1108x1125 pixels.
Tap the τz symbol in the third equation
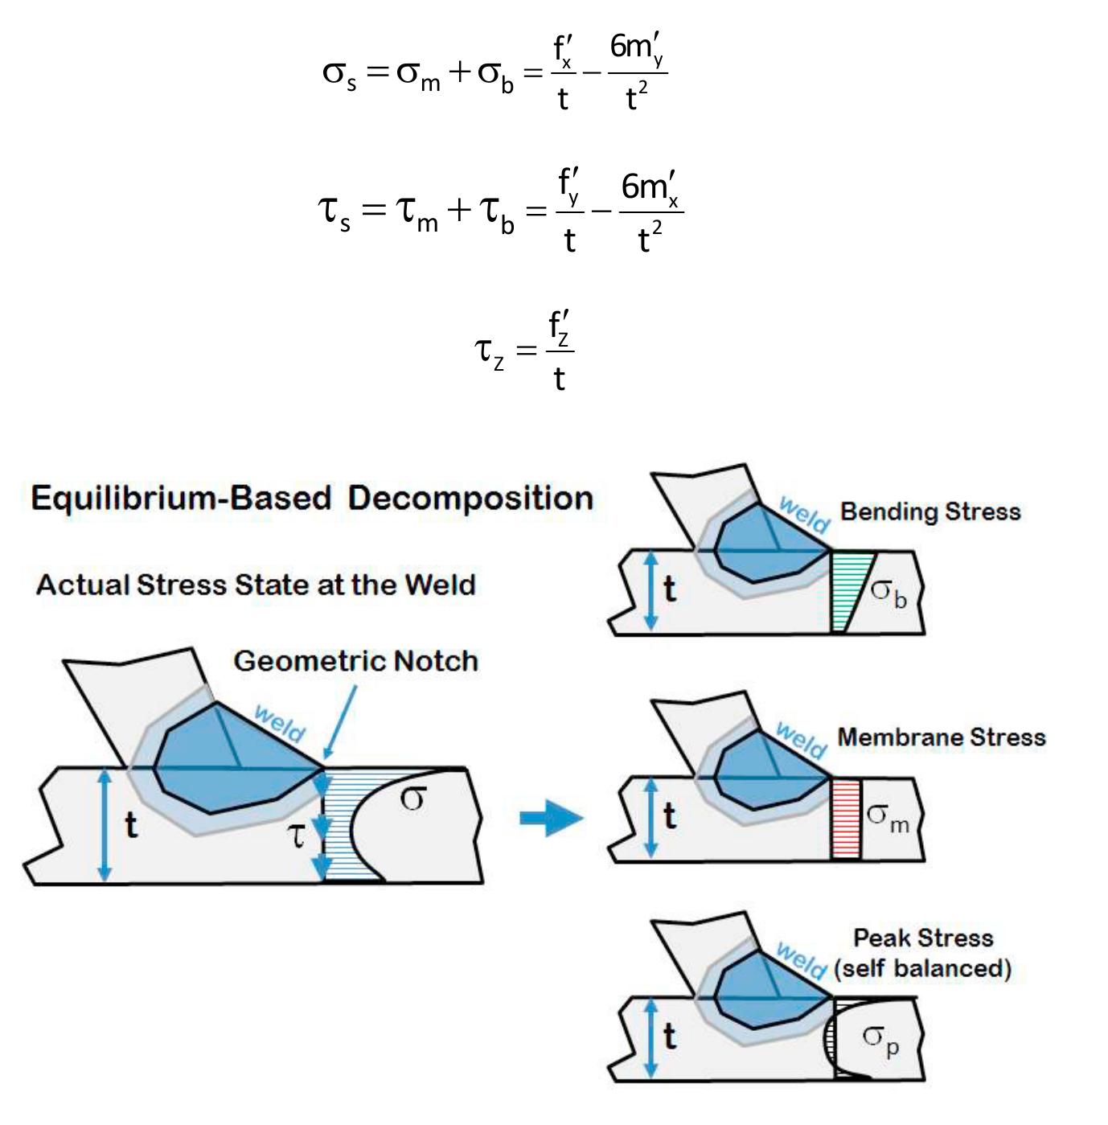[489, 352]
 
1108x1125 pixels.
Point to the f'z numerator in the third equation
[560, 328]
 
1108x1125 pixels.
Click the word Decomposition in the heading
[470, 499]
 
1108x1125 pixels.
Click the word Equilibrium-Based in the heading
[180, 499]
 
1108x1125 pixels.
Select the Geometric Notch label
[355, 661]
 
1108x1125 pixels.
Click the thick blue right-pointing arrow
[551, 819]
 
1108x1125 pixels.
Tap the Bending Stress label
[929, 511]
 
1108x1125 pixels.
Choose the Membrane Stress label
[941, 737]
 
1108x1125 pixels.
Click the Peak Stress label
[922, 938]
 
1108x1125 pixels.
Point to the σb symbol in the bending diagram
[888, 594]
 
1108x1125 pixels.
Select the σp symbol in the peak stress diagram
[880, 1038]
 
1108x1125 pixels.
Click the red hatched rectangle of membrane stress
[845, 819]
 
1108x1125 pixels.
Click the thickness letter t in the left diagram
[130, 825]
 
